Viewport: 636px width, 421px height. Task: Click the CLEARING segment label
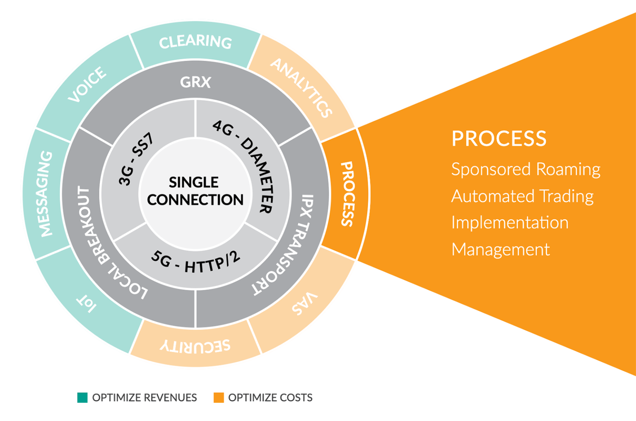coord(195,41)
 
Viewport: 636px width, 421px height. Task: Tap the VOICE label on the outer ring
coord(87,84)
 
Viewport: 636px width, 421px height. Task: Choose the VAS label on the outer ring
coord(305,303)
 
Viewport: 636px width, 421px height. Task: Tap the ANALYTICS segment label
coord(301,88)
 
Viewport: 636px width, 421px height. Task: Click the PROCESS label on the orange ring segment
coord(347,194)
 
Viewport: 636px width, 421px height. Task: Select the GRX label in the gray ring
coord(195,82)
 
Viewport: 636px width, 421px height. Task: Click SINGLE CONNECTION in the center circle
coord(195,191)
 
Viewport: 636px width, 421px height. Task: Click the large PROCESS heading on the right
coord(499,139)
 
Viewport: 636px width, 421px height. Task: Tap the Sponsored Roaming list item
coord(525,169)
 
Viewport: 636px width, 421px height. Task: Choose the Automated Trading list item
coord(522,196)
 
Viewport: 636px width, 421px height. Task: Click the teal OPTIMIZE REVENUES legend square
coord(82,397)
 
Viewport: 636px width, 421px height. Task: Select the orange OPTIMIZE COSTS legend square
coord(219,397)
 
